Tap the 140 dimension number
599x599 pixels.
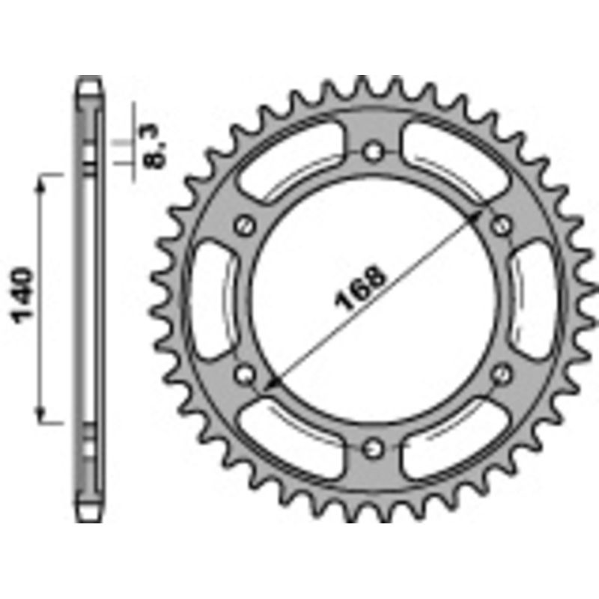coord(24,294)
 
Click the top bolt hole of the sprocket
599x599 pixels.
coord(372,152)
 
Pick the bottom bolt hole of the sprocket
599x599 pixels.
coord(372,448)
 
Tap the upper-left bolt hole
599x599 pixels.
coord(243,225)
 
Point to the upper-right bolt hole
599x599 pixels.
coord(502,224)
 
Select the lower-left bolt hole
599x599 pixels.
coord(243,372)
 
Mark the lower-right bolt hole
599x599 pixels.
coord(502,372)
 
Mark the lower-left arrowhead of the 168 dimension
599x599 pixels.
coord(270,384)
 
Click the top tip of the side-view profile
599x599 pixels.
coord(88,79)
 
